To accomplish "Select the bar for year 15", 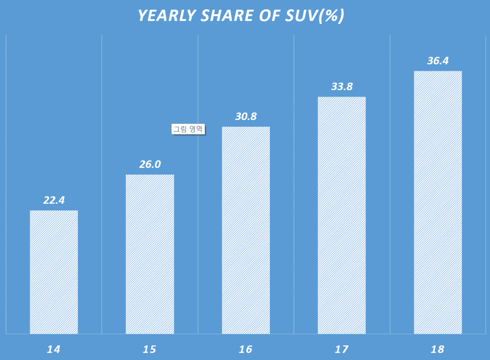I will click(150, 254).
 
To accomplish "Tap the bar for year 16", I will click(246, 230).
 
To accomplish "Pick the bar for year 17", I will click(342, 215).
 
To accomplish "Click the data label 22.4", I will click(54, 200).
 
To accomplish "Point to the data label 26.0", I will click(150, 164).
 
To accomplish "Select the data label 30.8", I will click(246, 117).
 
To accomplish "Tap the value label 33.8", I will click(342, 87).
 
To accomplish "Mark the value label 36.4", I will click(438, 61).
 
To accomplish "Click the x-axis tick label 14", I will click(54, 349).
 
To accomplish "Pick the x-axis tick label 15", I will click(150, 349).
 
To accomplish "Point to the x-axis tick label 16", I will click(246, 349).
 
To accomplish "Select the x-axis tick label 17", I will click(342, 349).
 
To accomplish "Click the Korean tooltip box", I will click(188, 129).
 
